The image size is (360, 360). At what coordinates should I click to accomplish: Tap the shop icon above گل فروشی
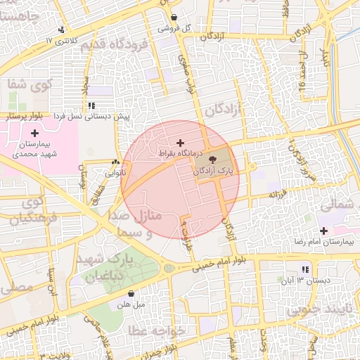pos(174,17)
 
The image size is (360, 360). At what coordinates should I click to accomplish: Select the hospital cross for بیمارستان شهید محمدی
pos(34,133)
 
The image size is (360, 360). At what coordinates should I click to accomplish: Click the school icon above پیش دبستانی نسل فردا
pos(91,105)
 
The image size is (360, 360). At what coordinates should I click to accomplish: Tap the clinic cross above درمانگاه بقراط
pos(180,143)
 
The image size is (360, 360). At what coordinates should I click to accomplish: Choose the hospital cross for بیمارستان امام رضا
pos(323,231)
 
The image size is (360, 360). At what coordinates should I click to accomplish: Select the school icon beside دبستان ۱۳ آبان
pos(304,270)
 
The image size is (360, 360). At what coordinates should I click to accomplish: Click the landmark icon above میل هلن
pos(130,295)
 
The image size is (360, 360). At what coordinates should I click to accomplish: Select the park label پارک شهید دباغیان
pos(110,268)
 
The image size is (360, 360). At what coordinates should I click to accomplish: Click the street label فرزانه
pos(274,193)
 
